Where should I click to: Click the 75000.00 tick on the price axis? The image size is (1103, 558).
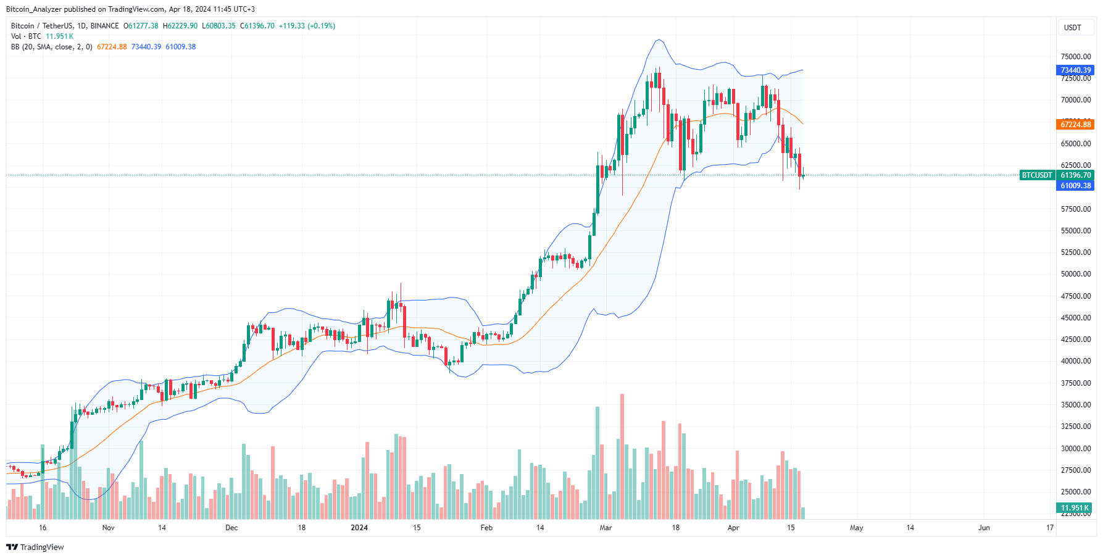1075,57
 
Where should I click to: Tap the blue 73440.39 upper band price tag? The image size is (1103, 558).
1075,70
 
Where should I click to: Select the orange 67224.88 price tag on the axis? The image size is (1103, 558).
1075,125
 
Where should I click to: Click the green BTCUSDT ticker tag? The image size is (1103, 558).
1037,175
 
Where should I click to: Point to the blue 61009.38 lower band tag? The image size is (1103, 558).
1075,186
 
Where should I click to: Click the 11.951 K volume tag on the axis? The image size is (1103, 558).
1075,508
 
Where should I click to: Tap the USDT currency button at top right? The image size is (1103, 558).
1072,28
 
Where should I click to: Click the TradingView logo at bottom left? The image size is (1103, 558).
35,548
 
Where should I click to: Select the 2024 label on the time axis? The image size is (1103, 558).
359,528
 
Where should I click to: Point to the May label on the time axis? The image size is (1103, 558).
856,528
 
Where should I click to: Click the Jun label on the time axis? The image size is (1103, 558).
984,528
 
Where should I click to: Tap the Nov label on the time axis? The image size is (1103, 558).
108,528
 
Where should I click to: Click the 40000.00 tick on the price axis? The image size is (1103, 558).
1075,361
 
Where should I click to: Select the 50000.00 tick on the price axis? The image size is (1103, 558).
1075,274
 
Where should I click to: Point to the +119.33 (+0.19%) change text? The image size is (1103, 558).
307,26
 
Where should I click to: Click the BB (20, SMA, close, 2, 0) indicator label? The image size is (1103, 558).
52,47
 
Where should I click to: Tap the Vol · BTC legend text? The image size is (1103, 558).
26,36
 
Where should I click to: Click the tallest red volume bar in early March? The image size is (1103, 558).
622,457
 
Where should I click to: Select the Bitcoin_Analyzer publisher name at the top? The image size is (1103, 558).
33,9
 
